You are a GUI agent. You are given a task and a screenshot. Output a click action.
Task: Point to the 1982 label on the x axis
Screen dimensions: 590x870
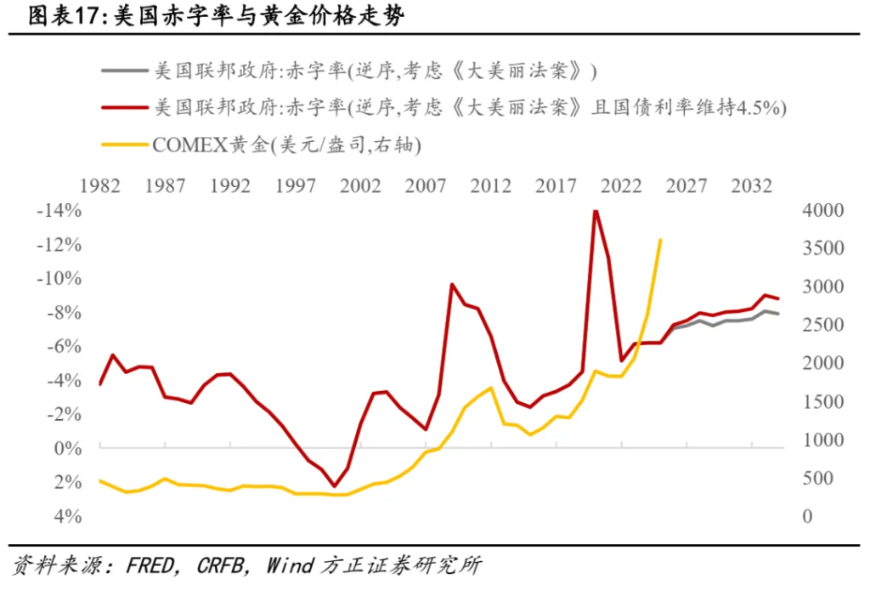point(99,186)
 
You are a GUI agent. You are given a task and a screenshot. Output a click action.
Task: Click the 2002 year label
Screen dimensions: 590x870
point(360,186)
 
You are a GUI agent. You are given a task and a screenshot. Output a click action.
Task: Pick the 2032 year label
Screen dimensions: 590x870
point(752,186)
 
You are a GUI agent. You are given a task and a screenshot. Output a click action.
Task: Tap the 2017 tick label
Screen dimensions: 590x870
point(556,186)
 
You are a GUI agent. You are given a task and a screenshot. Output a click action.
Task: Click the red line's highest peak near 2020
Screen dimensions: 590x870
point(596,211)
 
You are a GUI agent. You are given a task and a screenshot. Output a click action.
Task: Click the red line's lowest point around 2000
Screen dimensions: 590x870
point(335,486)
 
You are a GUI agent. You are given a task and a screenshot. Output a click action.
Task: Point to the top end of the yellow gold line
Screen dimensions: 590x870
point(660,240)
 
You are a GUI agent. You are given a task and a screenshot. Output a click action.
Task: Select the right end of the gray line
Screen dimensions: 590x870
point(778,315)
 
